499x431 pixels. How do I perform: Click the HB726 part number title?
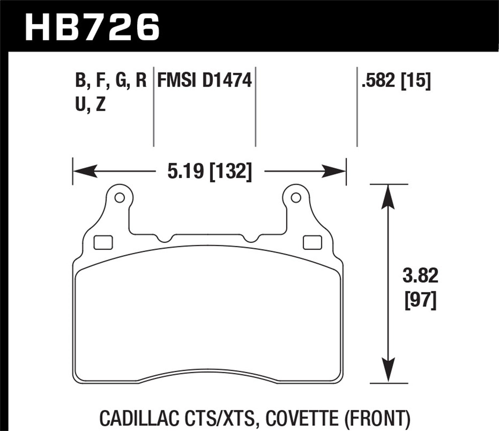pos(92,28)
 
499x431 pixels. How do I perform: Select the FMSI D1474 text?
pos(204,81)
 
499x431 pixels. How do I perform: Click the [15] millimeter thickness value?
pos(416,80)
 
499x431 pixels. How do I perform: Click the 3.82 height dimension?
pos(420,276)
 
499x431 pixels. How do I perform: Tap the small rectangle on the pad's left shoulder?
pos(103,242)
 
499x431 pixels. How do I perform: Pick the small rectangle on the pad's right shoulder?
pos(312,242)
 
